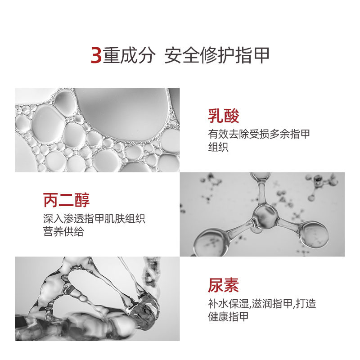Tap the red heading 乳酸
[x=223, y=116]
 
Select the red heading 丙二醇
[x=66, y=200]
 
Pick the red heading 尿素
[x=223, y=285]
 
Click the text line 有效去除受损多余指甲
[x=259, y=134]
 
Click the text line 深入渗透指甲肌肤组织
[x=94, y=219]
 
